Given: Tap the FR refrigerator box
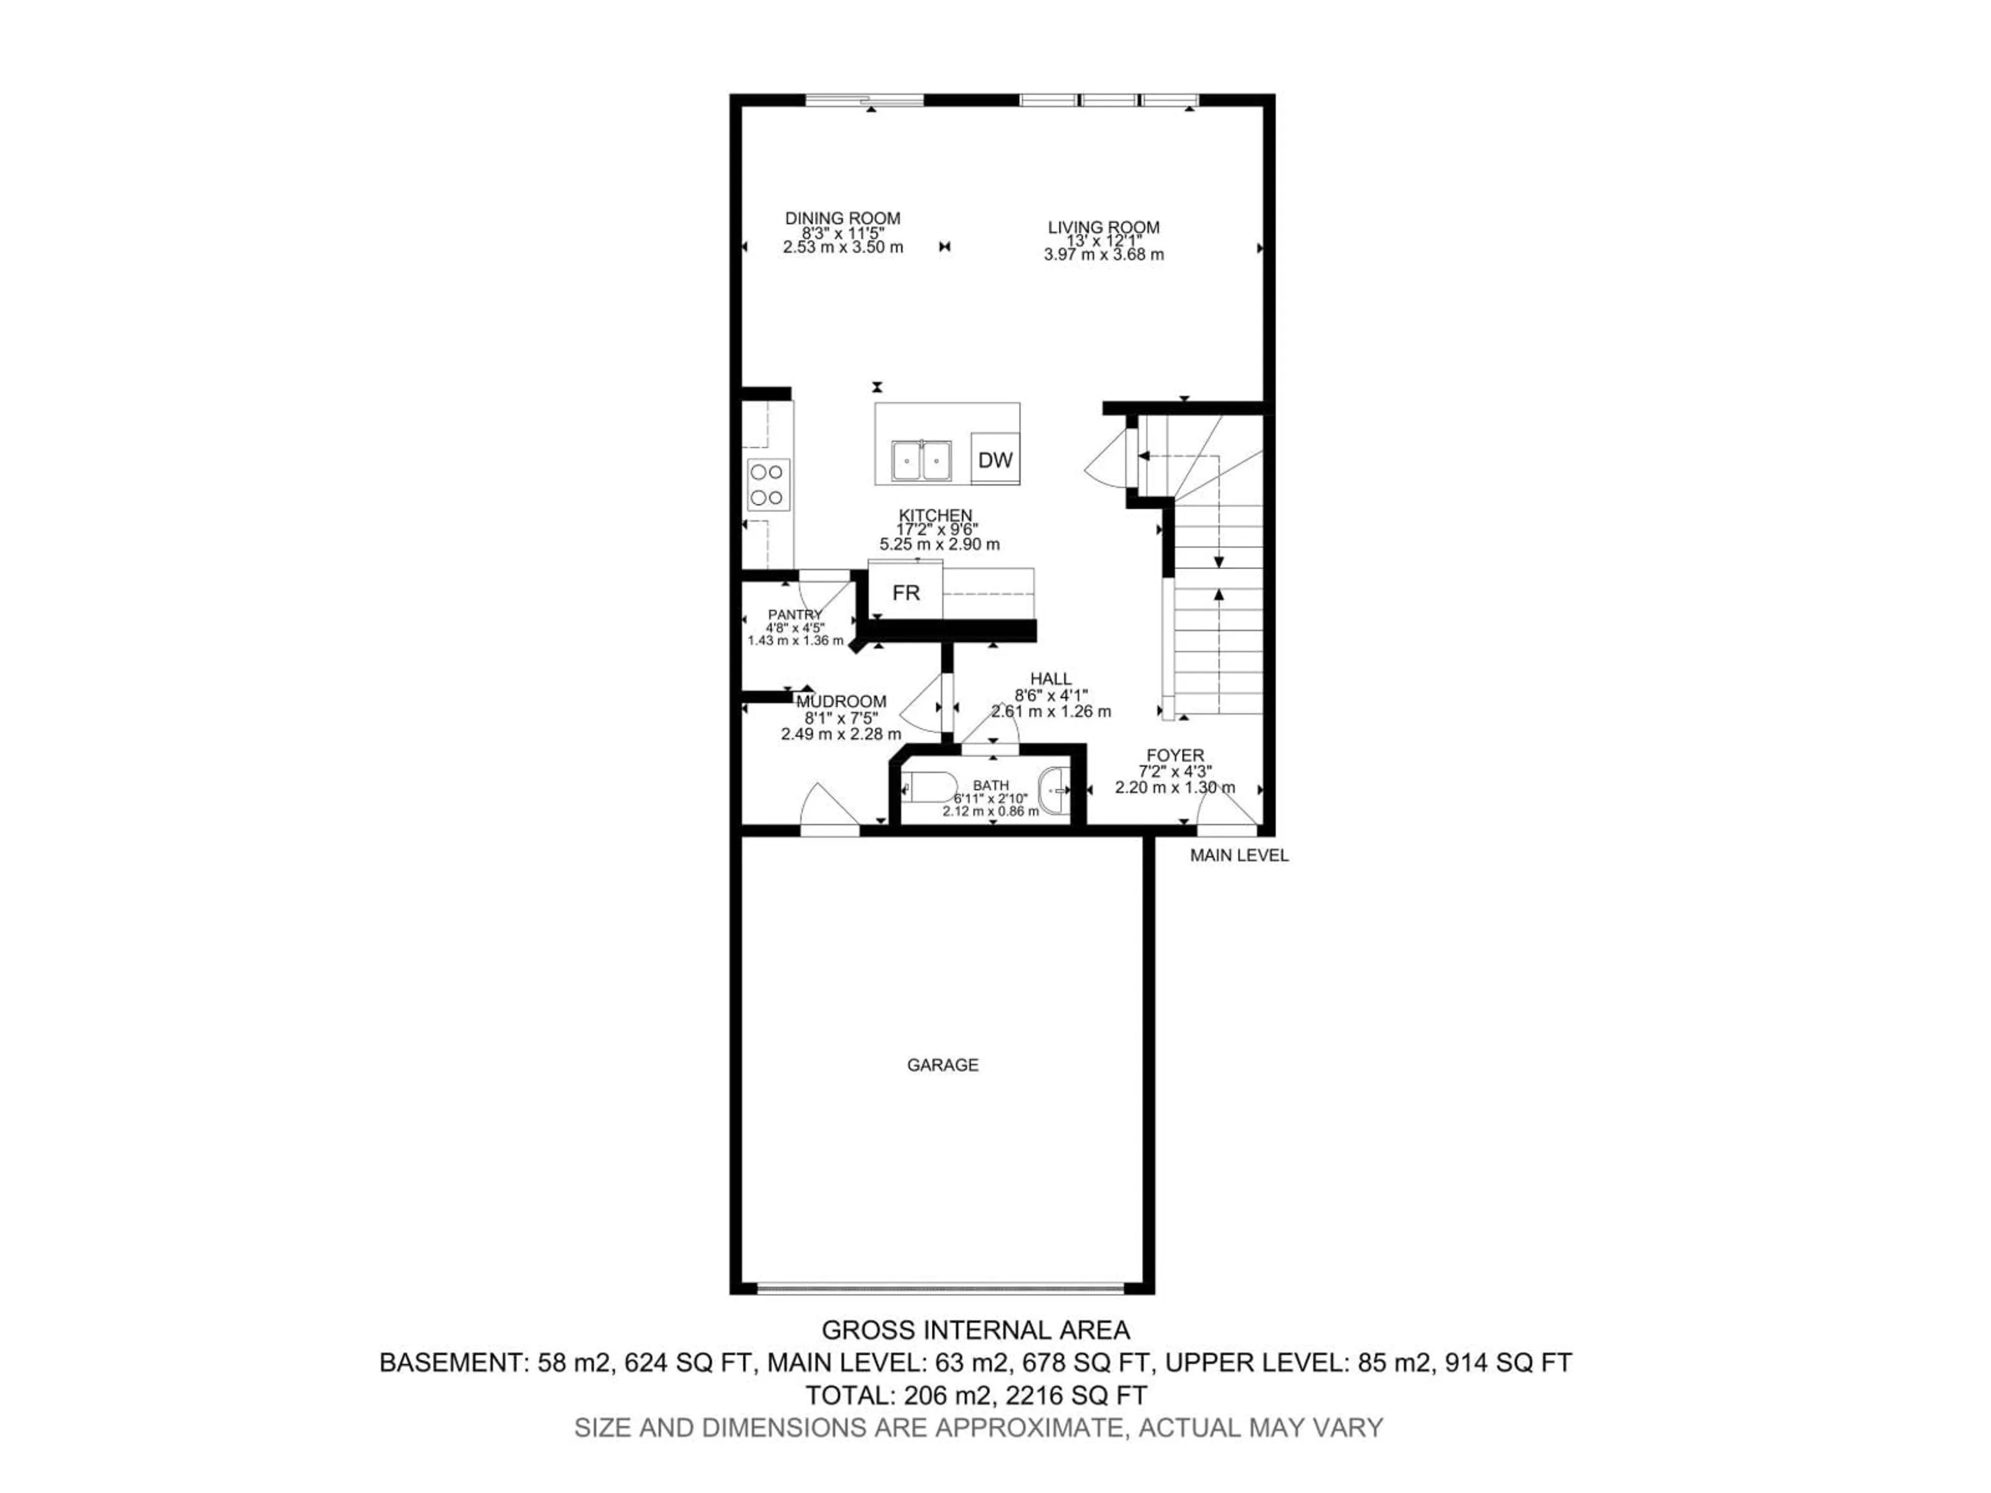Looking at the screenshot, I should tap(905, 592).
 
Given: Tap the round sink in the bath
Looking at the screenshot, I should tap(1055, 789).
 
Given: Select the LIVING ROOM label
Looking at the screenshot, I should tap(1103, 228).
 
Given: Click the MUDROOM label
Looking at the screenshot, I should tap(840, 701).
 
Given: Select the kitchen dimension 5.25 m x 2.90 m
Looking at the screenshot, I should tap(939, 544).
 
